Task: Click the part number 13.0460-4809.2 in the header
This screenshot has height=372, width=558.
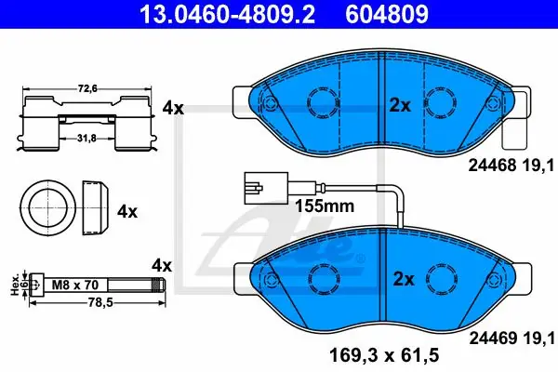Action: pos(227,14)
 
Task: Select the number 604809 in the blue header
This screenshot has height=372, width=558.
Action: pos(387,14)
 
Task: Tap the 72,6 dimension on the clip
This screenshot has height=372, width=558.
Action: pos(87,88)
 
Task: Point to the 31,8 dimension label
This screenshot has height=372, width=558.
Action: pos(87,139)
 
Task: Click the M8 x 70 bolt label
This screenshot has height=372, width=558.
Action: pos(75,285)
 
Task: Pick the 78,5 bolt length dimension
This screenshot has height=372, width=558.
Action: pos(100,302)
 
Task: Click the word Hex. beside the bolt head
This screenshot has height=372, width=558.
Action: pos(15,285)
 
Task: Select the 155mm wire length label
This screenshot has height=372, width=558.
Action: pos(325,206)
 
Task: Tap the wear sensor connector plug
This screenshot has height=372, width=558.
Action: pos(266,188)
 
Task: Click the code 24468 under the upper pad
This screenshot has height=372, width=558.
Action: pos(492,166)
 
